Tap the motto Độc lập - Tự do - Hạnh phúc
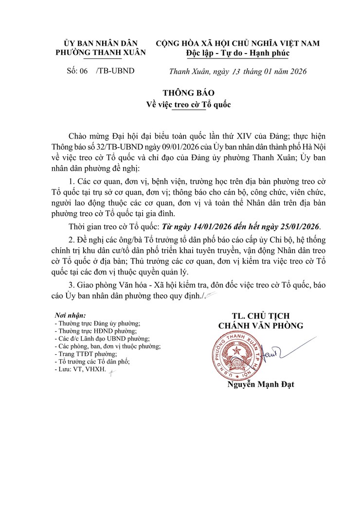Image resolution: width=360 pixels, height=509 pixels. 238,53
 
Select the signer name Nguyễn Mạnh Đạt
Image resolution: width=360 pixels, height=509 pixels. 260,384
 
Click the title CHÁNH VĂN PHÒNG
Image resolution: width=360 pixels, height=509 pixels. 260,326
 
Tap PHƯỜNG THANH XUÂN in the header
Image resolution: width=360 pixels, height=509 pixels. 101,53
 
